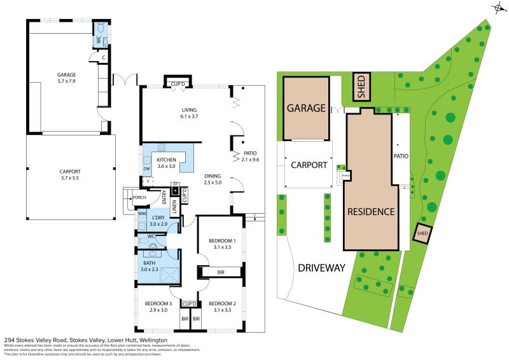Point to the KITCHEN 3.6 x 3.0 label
166,162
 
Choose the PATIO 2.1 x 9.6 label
250,156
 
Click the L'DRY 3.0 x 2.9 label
158,221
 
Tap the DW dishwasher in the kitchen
146,169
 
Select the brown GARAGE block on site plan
306,108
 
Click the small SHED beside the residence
422,233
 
